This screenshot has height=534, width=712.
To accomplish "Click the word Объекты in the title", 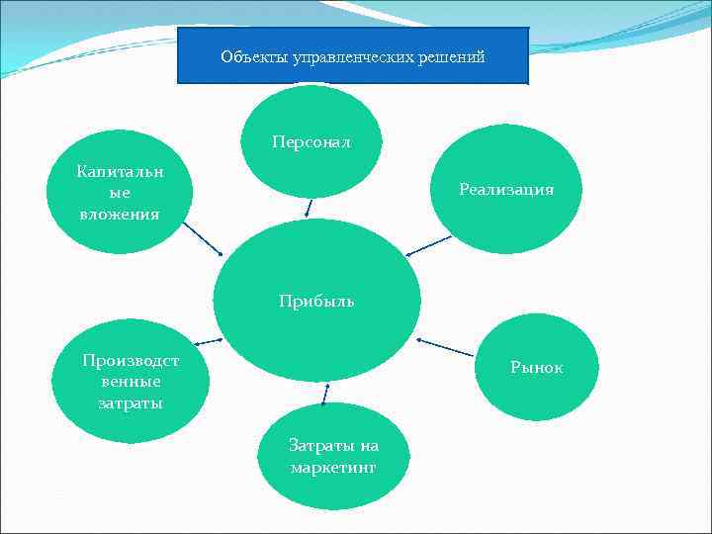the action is (x=245, y=57).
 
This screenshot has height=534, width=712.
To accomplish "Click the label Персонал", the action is (x=311, y=141).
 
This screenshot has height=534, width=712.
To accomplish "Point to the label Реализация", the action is (x=506, y=189).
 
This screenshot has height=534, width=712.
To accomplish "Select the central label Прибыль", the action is (x=316, y=301).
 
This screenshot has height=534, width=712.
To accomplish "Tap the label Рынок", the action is (x=537, y=367).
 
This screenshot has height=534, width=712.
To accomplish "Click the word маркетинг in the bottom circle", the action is (x=333, y=465).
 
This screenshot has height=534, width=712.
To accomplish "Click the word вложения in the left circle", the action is (x=120, y=214).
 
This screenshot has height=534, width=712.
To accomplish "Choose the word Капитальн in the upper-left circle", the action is (x=121, y=172).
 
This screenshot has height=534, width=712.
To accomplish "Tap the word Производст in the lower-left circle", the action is (x=131, y=360).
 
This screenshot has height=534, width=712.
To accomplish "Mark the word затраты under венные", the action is (x=131, y=403).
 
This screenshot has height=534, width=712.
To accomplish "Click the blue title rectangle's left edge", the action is (x=177, y=55).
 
